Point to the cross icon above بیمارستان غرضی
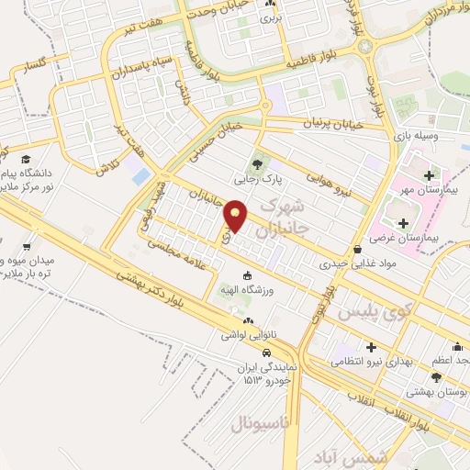pyautogui.click(x=402, y=223)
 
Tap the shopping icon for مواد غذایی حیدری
pyautogui.click(x=357, y=249)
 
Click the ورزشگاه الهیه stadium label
pyautogui.click(x=246, y=290)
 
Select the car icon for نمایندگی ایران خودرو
pyautogui.click(x=265, y=353)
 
